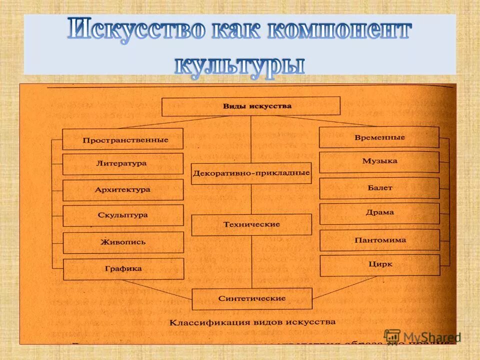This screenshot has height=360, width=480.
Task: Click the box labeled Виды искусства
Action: [251, 106]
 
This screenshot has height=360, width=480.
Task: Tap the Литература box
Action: [123, 163]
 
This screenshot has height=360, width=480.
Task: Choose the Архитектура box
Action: [123, 190]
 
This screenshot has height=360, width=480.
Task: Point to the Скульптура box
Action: [123, 215]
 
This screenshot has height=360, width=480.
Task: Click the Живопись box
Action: [123, 242]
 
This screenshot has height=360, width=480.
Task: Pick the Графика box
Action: [123, 269]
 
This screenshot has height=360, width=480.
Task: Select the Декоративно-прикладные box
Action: [251, 173]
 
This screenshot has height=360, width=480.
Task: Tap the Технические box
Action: [251, 225]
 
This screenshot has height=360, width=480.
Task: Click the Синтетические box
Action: [252, 298]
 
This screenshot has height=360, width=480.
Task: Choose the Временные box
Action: [379, 137]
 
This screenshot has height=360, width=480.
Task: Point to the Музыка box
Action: [379, 161]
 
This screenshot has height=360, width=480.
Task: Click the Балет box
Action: [379, 188]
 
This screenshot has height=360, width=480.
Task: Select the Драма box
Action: [379, 213]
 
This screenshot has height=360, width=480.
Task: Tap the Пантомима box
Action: [379, 240]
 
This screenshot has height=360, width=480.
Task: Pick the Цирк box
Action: [379, 265]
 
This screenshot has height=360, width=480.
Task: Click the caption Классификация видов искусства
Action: [252, 322]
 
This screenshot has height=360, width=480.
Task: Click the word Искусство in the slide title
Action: [136, 31]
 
